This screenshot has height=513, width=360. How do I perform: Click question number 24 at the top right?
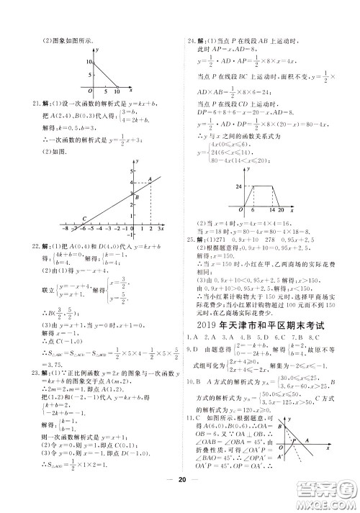coord(189,42)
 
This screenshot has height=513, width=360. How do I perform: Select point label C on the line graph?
coord(84,219)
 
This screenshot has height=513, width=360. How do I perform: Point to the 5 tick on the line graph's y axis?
coord(130,171)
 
